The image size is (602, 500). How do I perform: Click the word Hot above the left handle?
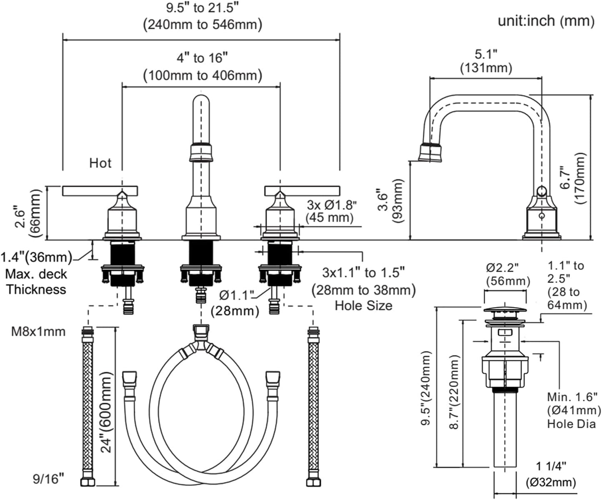100,163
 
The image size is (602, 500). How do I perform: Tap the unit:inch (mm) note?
546,21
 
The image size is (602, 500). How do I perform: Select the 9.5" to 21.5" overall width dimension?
202,16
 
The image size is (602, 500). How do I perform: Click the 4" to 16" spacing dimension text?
202,67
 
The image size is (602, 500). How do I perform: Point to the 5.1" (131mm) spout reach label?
486,61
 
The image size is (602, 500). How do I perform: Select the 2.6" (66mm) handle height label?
29,213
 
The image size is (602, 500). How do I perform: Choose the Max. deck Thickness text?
36,282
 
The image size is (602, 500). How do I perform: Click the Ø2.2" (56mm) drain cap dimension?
507,273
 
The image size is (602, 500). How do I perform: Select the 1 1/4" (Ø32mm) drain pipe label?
550,474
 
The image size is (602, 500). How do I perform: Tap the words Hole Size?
363,305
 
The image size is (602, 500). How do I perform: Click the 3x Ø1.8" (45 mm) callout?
331,211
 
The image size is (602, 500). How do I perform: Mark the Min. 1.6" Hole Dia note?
572,410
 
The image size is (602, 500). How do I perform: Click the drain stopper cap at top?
505,311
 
